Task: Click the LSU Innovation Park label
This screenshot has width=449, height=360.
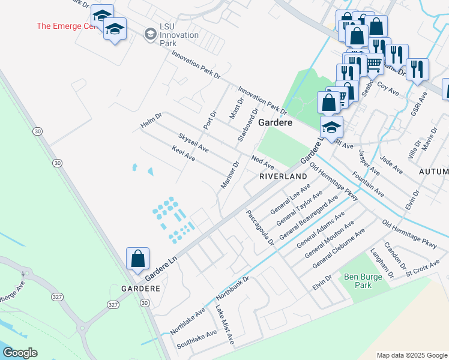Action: (x=179, y=35)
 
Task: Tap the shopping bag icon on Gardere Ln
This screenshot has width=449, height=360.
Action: (x=138, y=259)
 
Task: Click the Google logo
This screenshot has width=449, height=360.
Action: (x=20, y=353)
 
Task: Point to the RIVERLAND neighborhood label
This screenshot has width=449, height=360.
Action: (x=283, y=176)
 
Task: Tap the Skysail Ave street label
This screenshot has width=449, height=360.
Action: (x=193, y=142)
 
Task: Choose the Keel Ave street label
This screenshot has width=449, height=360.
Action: (x=184, y=153)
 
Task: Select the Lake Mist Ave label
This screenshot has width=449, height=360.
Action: (x=224, y=324)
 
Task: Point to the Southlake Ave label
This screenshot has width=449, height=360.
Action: (x=196, y=340)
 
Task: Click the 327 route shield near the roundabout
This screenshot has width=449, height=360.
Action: (x=113, y=305)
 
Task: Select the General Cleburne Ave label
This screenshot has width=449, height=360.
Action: (x=339, y=244)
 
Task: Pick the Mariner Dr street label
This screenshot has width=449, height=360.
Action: (x=230, y=175)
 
